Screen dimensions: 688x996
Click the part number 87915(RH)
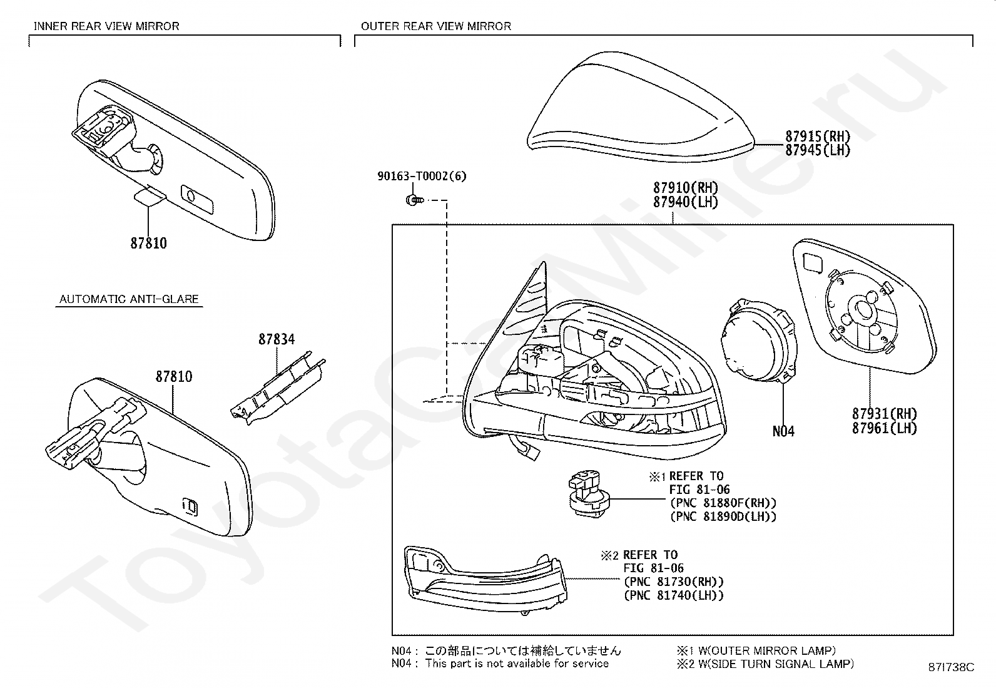(817, 136)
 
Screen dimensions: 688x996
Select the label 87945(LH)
(817, 150)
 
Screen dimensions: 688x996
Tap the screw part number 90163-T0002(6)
(422, 177)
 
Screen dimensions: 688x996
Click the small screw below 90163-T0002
(413, 200)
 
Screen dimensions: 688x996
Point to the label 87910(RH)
(686, 188)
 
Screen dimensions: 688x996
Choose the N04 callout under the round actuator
(783, 431)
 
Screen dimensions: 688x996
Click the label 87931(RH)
(884, 414)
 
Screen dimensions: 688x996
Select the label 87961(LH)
(884, 428)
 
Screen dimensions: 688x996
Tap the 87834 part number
(277, 339)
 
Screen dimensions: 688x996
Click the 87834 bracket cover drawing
(278, 388)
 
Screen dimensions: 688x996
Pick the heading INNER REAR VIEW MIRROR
(106, 26)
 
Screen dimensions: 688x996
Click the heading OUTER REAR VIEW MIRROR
(436, 26)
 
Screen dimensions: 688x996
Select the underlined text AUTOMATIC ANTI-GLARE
(129, 299)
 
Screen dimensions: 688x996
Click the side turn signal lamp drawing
(485, 579)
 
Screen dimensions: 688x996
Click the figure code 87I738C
(951, 667)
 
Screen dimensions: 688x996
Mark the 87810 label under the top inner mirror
(149, 244)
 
